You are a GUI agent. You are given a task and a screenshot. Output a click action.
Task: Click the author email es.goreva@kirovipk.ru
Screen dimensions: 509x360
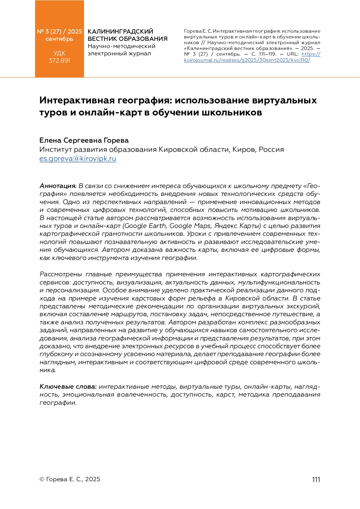pos(78,159)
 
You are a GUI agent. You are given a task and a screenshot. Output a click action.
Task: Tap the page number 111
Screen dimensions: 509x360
pos(316,479)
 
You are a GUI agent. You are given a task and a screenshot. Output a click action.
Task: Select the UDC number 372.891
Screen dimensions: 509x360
pos(59,61)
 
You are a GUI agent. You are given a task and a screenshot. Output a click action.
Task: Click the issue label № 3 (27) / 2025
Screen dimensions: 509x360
pos(59,31)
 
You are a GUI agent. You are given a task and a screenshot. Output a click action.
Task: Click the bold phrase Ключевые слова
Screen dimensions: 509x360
pos(68,387)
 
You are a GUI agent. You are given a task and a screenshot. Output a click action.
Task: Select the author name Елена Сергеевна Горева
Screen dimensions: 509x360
pos(84,140)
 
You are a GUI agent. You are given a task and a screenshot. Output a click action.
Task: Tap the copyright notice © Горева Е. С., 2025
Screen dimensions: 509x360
pos(70,479)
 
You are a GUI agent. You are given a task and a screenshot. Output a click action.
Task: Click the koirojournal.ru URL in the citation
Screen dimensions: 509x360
pos(247,60)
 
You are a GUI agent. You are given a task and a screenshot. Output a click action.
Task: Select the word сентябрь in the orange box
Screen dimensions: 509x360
pos(59,39)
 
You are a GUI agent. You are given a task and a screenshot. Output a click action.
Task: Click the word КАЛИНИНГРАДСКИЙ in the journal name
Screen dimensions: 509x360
pos(120,31)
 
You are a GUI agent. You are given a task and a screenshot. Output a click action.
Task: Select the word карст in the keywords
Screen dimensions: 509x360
pos(225,394)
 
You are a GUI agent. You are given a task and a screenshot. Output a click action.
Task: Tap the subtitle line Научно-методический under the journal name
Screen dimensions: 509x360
pos(121,46)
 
